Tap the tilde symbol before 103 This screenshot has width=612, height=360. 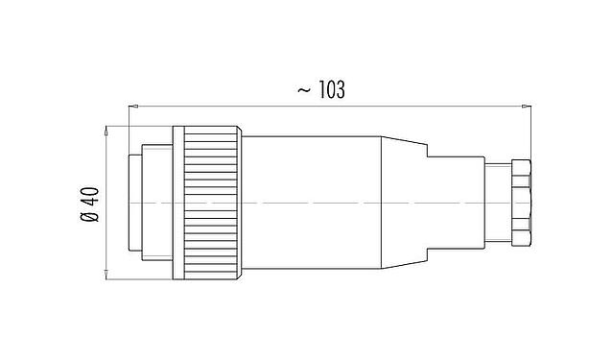point(302,91)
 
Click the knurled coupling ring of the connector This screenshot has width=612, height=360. point(211,203)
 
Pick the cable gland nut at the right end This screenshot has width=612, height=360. point(521,203)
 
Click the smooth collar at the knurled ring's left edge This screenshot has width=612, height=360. point(177,203)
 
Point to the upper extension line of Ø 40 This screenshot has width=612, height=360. point(134,125)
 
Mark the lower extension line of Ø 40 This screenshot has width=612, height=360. point(134,280)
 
